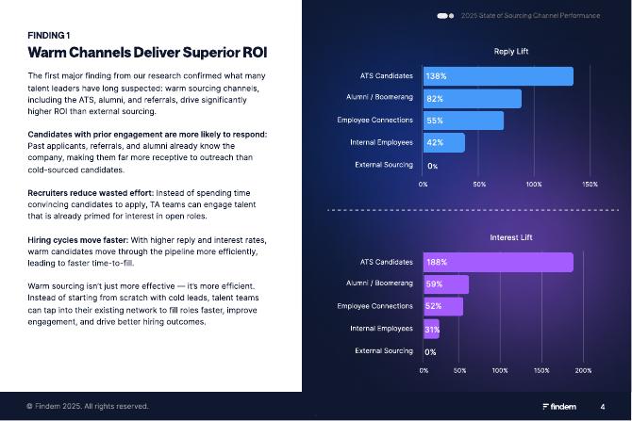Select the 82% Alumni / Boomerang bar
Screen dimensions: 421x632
472,98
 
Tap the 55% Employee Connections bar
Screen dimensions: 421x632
463,121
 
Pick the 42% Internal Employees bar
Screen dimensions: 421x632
443,143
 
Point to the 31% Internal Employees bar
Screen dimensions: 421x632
431,329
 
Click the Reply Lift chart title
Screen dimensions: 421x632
511,51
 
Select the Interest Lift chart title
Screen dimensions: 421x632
512,237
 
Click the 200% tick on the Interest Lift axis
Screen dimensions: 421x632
583,370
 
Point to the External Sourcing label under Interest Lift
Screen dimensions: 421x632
383,351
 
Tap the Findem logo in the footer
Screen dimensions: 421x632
559,407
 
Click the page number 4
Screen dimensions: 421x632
603,407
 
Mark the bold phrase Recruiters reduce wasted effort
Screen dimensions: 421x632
91,191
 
